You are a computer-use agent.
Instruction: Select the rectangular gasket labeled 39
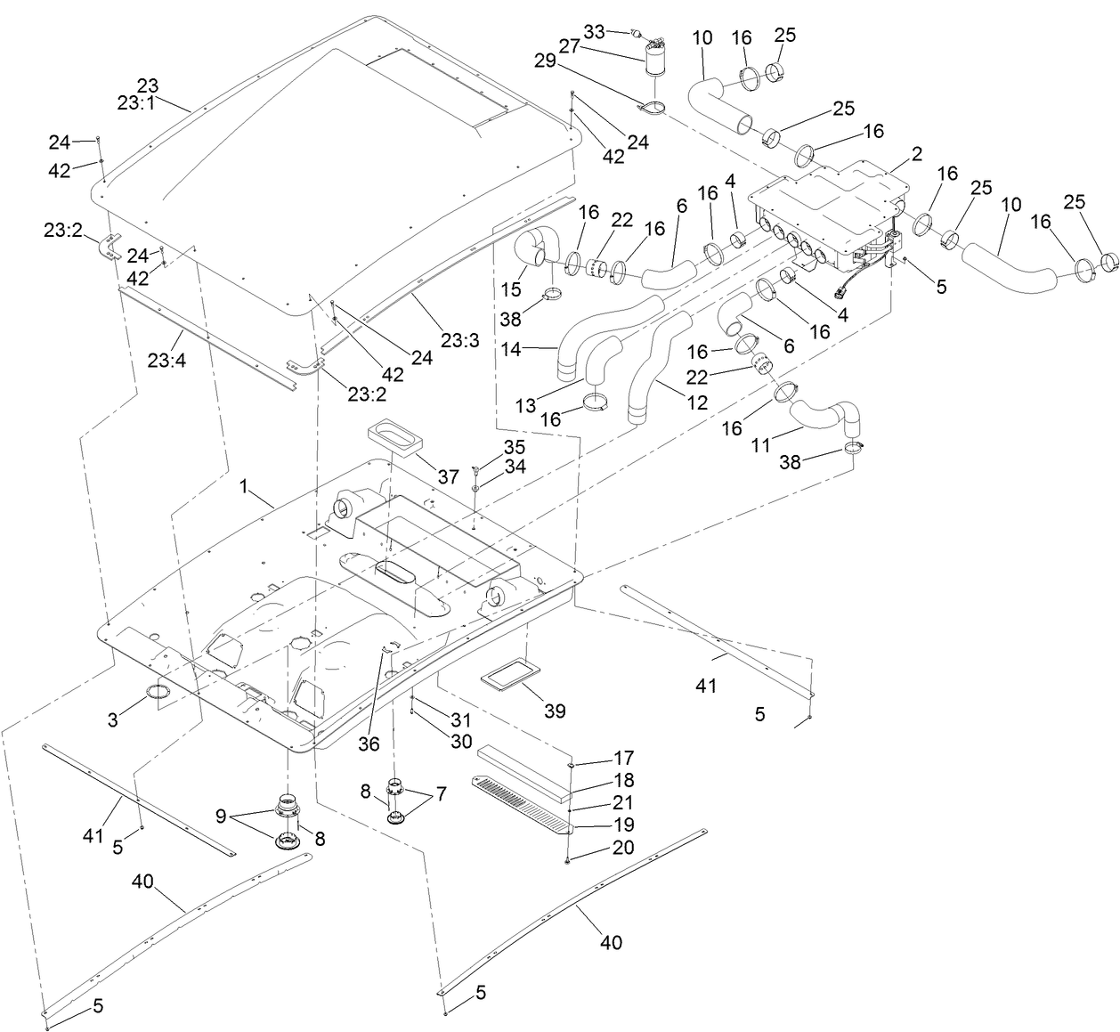[x=512, y=677]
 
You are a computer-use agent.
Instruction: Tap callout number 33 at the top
[x=595, y=32]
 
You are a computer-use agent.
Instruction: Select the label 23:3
[x=460, y=341]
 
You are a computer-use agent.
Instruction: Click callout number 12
[x=697, y=403]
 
